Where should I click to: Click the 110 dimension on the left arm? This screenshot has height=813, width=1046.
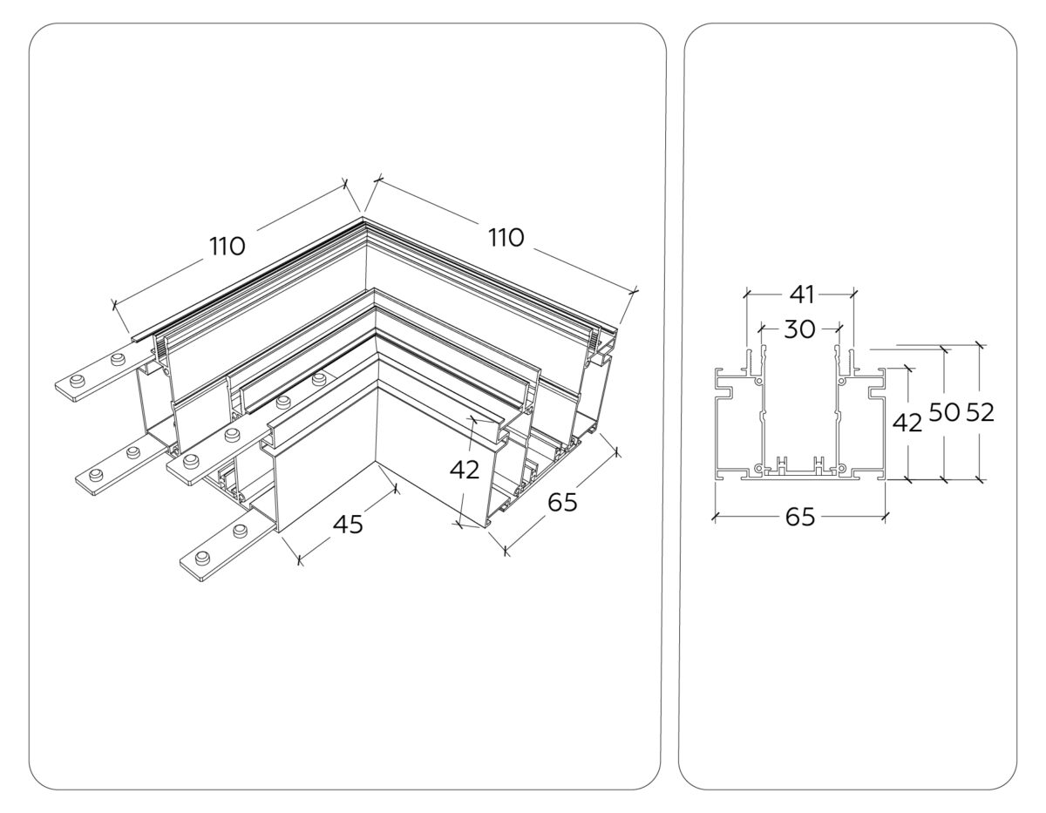(227, 247)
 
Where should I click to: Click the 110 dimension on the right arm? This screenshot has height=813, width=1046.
(506, 237)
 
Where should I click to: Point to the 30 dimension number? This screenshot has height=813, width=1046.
(799, 329)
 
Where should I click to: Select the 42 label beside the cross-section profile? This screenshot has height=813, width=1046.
(907, 423)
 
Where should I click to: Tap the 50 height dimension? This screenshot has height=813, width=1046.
(945, 412)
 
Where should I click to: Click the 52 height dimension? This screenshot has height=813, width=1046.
(981, 412)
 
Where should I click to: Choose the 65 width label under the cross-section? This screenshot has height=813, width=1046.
(799, 517)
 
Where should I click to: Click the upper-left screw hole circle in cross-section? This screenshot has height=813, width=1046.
(758, 382)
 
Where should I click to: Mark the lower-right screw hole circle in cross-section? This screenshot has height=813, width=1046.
(842, 468)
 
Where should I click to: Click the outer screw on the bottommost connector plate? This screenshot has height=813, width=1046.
(203, 559)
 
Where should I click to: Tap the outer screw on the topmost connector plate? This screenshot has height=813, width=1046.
(77, 379)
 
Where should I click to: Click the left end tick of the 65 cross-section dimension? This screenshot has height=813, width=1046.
(716, 517)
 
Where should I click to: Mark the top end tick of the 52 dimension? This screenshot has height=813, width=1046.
(981, 344)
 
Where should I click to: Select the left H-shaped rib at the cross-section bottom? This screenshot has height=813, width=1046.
(781, 464)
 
